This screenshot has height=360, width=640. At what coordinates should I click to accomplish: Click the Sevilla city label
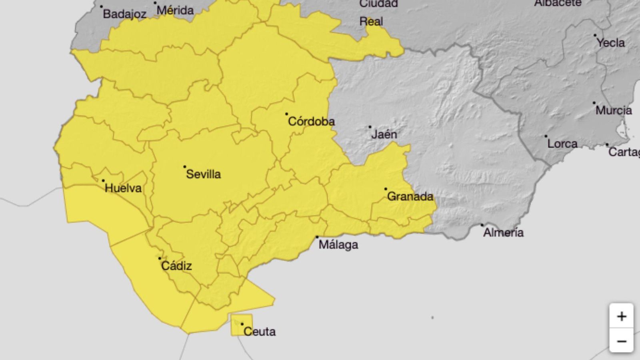pyautogui.click(x=203, y=174)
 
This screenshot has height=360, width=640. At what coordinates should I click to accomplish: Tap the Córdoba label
pyautogui.click(x=311, y=121)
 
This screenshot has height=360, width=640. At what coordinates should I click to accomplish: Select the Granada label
pyautogui.click(x=410, y=196)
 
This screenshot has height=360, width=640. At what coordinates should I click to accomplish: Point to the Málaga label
pyautogui.click(x=338, y=244)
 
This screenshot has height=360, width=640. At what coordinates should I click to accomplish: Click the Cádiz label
pyautogui.click(x=176, y=266)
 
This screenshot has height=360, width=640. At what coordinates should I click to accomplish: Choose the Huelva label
pyautogui.click(x=123, y=188)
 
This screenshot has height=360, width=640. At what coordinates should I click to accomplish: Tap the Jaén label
pyautogui.click(x=384, y=134)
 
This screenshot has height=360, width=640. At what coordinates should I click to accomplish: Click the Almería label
pyautogui.click(x=503, y=232)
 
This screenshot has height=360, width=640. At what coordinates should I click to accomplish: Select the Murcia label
pyautogui.click(x=614, y=110)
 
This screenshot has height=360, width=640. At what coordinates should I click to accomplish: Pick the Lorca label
pyautogui.click(x=562, y=144)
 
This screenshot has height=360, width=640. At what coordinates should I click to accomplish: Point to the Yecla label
pyautogui.click(x=610, y=42)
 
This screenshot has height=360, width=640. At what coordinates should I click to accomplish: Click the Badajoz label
pyautogui.click(x=124, y=14)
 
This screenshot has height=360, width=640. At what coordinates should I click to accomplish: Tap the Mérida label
pyautogui.click(x=175, y=10)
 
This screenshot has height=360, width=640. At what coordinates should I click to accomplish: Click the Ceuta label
pyautogui.click(x=259, y=332)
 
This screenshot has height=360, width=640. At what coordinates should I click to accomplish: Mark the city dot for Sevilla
pyautogui.click(x=184, y=166)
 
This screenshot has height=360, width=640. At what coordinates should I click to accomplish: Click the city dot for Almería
pyautogui.click(x=482, y=225)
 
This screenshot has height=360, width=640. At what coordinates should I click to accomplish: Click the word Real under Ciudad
pyautogui.click(x=371, y=21)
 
